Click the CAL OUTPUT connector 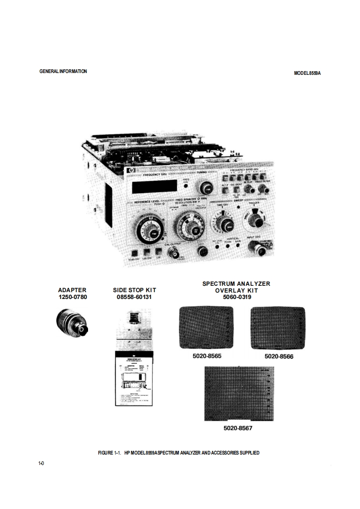(173, 252)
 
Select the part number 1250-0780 (72, 297)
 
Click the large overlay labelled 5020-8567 (239, 394)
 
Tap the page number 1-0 (41, 463)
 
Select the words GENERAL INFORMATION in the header (63, 71)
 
